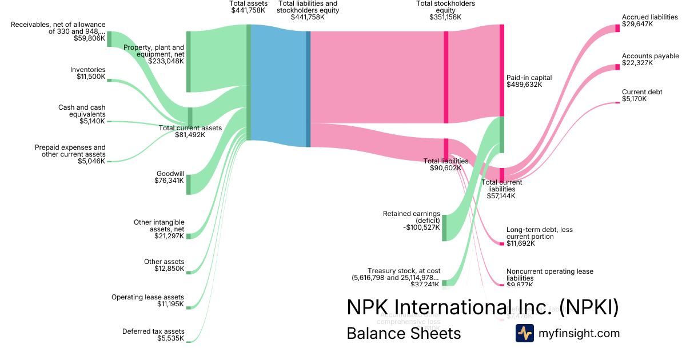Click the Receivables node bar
tap(109, 39)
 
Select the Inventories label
tap(88, 70)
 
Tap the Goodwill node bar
tap(189, 185)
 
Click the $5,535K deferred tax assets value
tap(170, 339)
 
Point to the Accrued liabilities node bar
tap(617, 29)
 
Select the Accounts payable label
tap(650, 56)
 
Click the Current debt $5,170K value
tap(634, 99)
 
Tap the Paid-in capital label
tap(529, 77)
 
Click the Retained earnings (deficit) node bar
tap(444, 228)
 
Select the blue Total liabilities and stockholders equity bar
tap(308, 89)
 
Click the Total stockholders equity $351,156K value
tap(445, 17)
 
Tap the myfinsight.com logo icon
tap(524, 333)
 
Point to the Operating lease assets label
tap(147, 297)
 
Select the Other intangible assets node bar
tap(189, 236)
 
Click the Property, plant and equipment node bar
tap(189, 62)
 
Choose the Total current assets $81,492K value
tap(190, 135)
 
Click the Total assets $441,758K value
tap(248, 10)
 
